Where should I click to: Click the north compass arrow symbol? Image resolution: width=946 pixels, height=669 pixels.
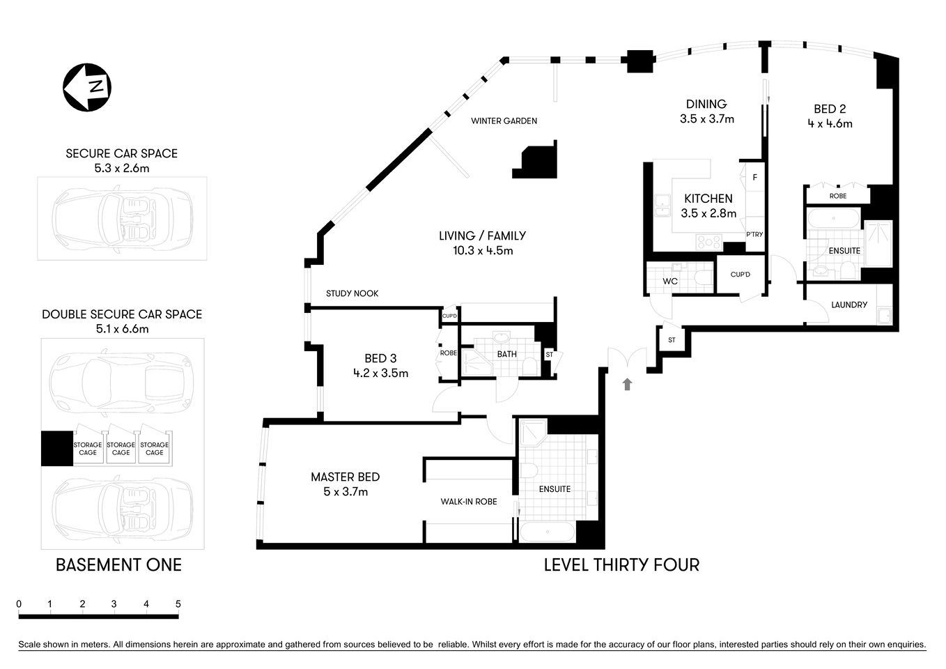point(87,87)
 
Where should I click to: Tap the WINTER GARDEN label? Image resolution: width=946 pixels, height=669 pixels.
point(504,121)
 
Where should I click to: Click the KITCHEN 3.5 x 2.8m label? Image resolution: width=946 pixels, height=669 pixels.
point(708,206)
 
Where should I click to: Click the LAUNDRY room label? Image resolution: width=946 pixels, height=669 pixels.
point(849,305)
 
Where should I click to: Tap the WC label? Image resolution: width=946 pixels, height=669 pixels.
point(670,282)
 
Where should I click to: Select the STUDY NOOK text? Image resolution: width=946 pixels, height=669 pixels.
point(352,293)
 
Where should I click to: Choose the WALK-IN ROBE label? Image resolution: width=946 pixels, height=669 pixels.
point(468,501)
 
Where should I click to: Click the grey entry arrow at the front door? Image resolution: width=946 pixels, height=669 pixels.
point(627,383)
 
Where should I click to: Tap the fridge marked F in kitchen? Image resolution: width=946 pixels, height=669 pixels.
point(754,178)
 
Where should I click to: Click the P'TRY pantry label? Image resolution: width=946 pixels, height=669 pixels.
point(754,235)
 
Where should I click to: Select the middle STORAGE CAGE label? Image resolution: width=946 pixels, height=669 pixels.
point(121,448)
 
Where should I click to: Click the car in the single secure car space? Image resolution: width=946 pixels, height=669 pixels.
point(122,218)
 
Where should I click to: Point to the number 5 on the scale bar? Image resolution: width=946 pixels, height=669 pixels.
point(178,604)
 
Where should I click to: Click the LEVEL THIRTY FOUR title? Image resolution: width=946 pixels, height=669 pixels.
point(621,564)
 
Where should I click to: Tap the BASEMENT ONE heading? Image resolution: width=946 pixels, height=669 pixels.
point(118,564)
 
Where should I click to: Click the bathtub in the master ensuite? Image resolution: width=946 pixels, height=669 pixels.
point(547,533)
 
